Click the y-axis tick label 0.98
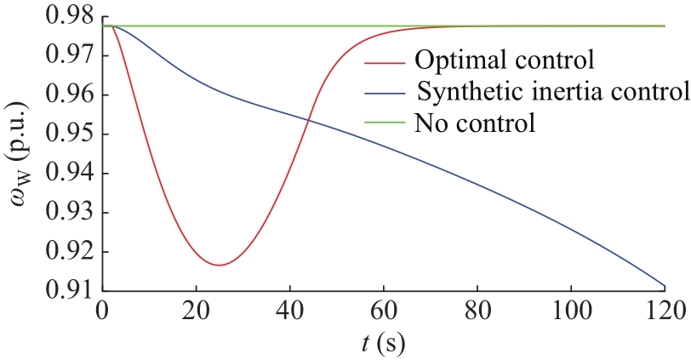pos(70,17)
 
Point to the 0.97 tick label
pos(70,56)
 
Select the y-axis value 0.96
pos(70,95)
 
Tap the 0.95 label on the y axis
pos(70,134)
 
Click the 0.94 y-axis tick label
pos(70,174)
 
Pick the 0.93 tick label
pos(70,213)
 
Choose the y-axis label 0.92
pos(70,252)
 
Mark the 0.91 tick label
pos(70,290)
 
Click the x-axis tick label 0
pos(102,311)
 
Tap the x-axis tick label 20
pos(196,311)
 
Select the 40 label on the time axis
pos(289,311)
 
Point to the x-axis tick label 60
pos(384,311)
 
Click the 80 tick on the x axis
pos(477,311)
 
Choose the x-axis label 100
pos(571,311)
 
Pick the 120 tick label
pos(665,311)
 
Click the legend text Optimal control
pos(505,60)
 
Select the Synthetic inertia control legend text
pos(552,92)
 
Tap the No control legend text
pos(475,123)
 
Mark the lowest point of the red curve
pos(219,265)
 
